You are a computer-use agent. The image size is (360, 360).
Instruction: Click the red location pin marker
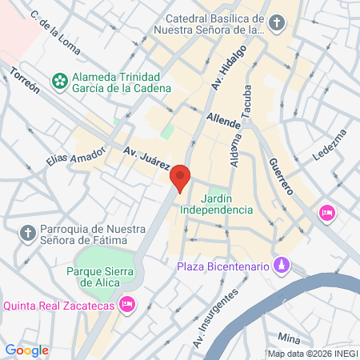181,178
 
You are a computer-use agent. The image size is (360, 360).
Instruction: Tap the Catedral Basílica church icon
276,22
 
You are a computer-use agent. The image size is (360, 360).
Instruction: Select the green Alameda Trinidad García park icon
58,81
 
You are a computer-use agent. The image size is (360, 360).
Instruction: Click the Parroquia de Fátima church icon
27,234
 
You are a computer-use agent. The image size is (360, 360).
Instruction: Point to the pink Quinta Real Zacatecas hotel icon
126,304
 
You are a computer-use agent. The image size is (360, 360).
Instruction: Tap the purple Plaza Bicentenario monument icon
281,265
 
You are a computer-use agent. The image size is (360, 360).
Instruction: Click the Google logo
26,350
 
